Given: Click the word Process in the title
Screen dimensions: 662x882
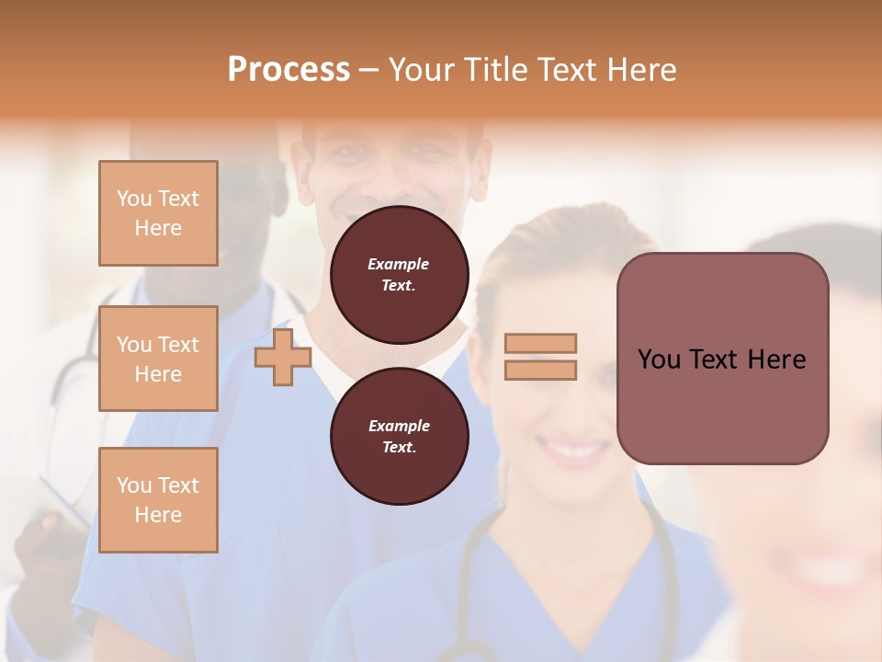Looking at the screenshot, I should [x=288, y=70].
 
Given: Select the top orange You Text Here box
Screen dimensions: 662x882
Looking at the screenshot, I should [x=158, y=213].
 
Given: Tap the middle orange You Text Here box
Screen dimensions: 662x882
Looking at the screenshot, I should [x=158, y=359].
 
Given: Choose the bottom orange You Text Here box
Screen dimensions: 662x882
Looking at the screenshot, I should [x=158, y=500].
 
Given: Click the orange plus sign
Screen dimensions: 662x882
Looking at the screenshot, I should [x=283, y=358].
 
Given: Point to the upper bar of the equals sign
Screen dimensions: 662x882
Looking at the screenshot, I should [x=540, y=343].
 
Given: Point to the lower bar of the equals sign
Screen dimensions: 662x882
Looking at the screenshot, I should [x=540, y=370].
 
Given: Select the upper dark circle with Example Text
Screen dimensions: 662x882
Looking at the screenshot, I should [x=399, y=275].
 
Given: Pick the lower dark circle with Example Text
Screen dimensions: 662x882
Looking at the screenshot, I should [x=399, y=436].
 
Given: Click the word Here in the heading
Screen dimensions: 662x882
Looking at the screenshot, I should [x=643, y=70].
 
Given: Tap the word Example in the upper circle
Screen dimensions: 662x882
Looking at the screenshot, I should [x=399, y=265].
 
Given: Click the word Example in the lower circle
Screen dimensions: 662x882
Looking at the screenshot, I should [x=399, y=426].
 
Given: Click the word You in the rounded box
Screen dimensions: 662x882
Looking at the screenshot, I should [x=659, y=360].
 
